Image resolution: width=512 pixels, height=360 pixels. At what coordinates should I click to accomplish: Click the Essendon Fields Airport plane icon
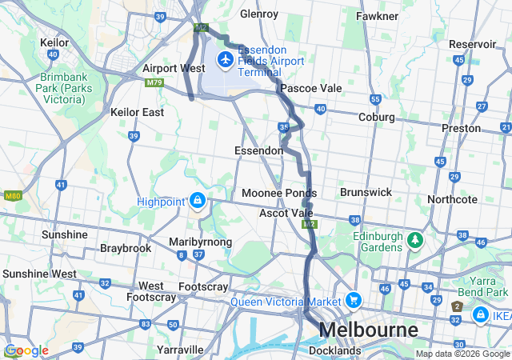[226, 59]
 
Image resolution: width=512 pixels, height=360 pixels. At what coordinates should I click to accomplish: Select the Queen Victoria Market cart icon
[353, 301]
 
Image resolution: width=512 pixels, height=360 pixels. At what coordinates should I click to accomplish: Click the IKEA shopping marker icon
[480, 316]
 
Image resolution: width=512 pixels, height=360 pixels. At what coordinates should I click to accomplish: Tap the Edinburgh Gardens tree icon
[414, 240]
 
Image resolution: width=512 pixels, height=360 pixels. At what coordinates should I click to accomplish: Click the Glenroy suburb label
[259, 14]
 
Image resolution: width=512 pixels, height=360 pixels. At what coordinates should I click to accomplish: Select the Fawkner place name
[378, 15]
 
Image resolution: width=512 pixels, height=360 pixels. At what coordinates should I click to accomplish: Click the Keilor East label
[138, 112]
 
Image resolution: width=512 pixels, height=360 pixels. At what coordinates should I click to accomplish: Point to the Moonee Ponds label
[279, 193]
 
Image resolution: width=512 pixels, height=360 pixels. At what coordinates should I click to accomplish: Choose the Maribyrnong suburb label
[201, 242]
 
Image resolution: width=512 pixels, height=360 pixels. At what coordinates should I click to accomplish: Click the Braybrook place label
[126, 248]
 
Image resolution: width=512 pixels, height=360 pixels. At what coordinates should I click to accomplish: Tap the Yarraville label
[180, 350]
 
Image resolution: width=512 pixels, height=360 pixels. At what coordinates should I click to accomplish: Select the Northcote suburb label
[452, 199]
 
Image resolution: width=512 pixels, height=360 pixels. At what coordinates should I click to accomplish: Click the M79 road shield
[154, 82]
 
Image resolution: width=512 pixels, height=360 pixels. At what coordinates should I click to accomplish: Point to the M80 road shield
[12, 195]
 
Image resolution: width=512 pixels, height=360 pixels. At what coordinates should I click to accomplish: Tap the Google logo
[26, 350]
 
